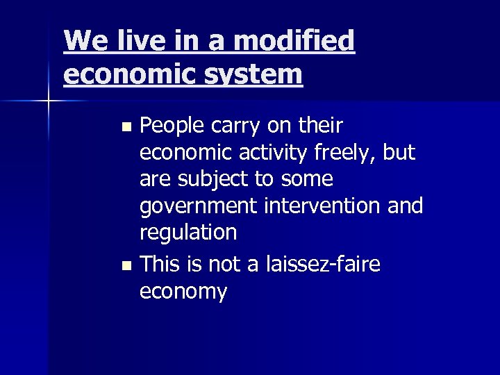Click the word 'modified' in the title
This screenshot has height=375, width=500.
tap(294, 42)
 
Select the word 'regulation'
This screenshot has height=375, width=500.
tap(188, 233)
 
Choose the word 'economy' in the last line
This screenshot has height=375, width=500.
tap(183, 292)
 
